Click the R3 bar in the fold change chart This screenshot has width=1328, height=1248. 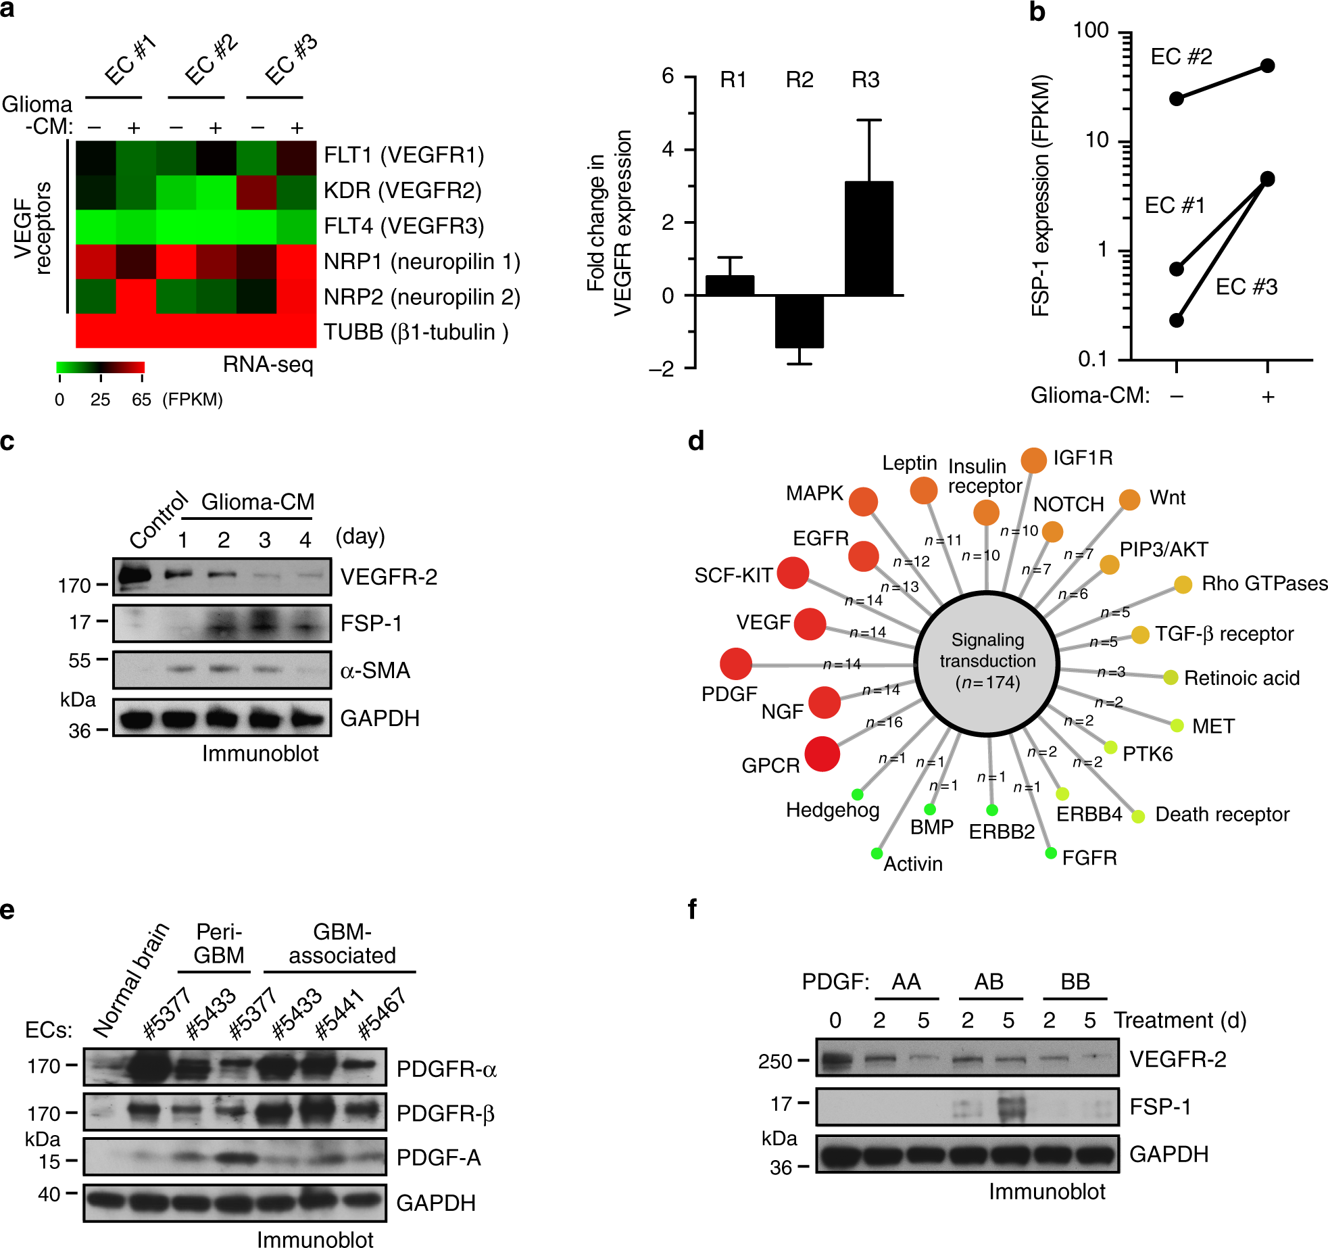(x=868, y=238)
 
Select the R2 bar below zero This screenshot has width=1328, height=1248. (x=799, y=321)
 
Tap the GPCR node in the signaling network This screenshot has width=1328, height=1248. (x=822, y=754)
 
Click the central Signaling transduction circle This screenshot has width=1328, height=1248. (x=987, y=663)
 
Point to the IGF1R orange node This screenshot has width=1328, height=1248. (x=1033, y=460)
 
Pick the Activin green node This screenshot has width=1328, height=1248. (x=877, y=853)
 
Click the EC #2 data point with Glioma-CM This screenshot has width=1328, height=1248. (x=1267, y=66)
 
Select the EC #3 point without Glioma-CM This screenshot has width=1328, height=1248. (x=1177, y=320)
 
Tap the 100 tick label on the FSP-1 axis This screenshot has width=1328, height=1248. (x=1091, y=30)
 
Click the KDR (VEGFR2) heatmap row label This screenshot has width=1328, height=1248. (x=403, y=191)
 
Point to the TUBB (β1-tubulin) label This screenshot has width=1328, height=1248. (x=416, y=332)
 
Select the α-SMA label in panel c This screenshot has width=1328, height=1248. (x=375, y=670)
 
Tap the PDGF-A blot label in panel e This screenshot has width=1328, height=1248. (x=439, y=1157)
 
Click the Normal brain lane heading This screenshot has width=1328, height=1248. (x=130, y=980)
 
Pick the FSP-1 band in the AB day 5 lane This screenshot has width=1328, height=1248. (x=1010, y=1107)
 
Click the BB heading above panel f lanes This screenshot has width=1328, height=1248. (x=1075, y=982)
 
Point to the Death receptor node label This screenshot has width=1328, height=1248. (x=1222, y=815)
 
